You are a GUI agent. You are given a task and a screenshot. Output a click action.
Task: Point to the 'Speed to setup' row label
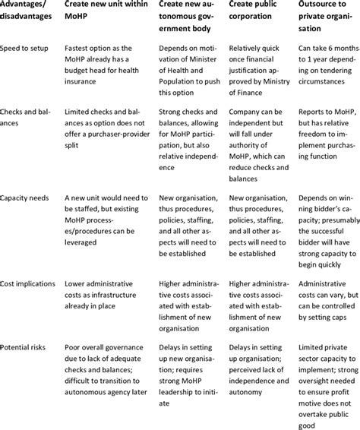[28, 47]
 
